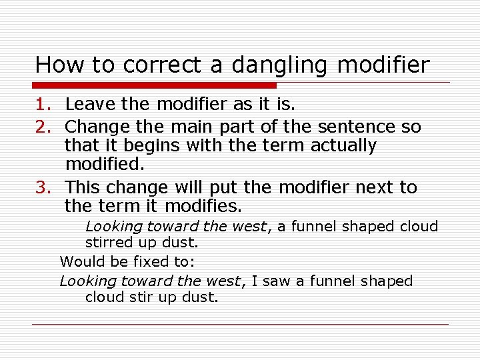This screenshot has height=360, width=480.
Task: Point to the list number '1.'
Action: (44, 104)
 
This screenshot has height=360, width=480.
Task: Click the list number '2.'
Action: (44, 127)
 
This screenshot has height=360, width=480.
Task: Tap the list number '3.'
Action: (44, 187)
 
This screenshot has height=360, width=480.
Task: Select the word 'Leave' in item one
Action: (87, 104)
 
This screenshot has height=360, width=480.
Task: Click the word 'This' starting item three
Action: (83, 187)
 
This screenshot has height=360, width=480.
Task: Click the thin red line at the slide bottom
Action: (240, 325)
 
